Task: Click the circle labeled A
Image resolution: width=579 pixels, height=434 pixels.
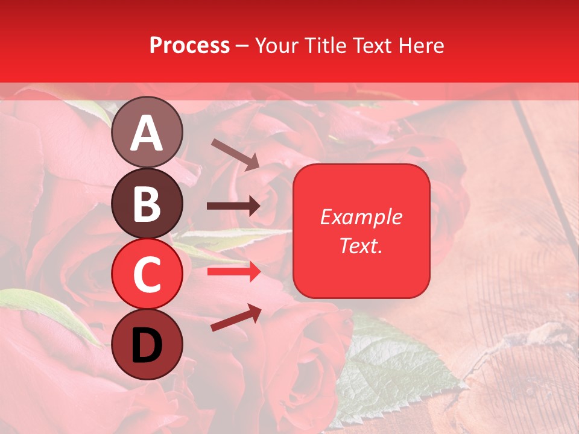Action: (147, 132)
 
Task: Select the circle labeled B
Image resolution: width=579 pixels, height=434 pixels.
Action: (147, 203)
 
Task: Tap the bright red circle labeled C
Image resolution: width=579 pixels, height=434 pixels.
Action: (147, 274)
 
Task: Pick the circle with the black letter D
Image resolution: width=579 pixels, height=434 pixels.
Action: (147, 344)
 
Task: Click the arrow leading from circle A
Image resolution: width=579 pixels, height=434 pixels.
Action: (235, 154)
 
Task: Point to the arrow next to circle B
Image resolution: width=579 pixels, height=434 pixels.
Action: (233, 206)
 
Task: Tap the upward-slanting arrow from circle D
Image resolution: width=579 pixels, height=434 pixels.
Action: (236, 318)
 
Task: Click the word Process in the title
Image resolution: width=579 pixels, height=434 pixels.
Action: (189, 46)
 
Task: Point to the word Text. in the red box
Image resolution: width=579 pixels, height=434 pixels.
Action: (361, 245)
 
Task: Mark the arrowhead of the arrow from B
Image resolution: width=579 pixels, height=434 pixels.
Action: (254, 206)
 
